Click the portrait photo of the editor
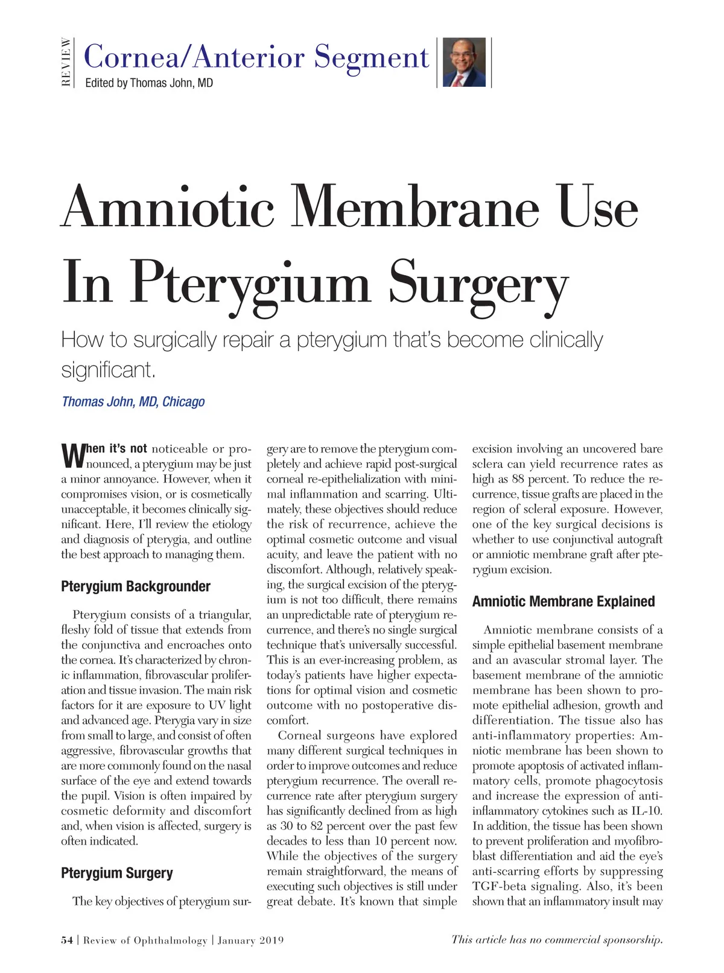coord(464,62)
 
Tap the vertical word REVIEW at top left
coord(66,62)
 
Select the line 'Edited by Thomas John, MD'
coord(149,83)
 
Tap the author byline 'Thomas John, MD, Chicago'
coord(133,402)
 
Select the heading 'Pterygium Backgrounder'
coord(136,586)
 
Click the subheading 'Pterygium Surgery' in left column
coord(117,873)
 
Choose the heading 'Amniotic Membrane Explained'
coord(564,601)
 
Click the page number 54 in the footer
coord(67,940)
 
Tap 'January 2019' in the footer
coord(250,940)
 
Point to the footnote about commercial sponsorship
coord(557,939)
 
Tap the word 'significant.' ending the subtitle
coord(109,369)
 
